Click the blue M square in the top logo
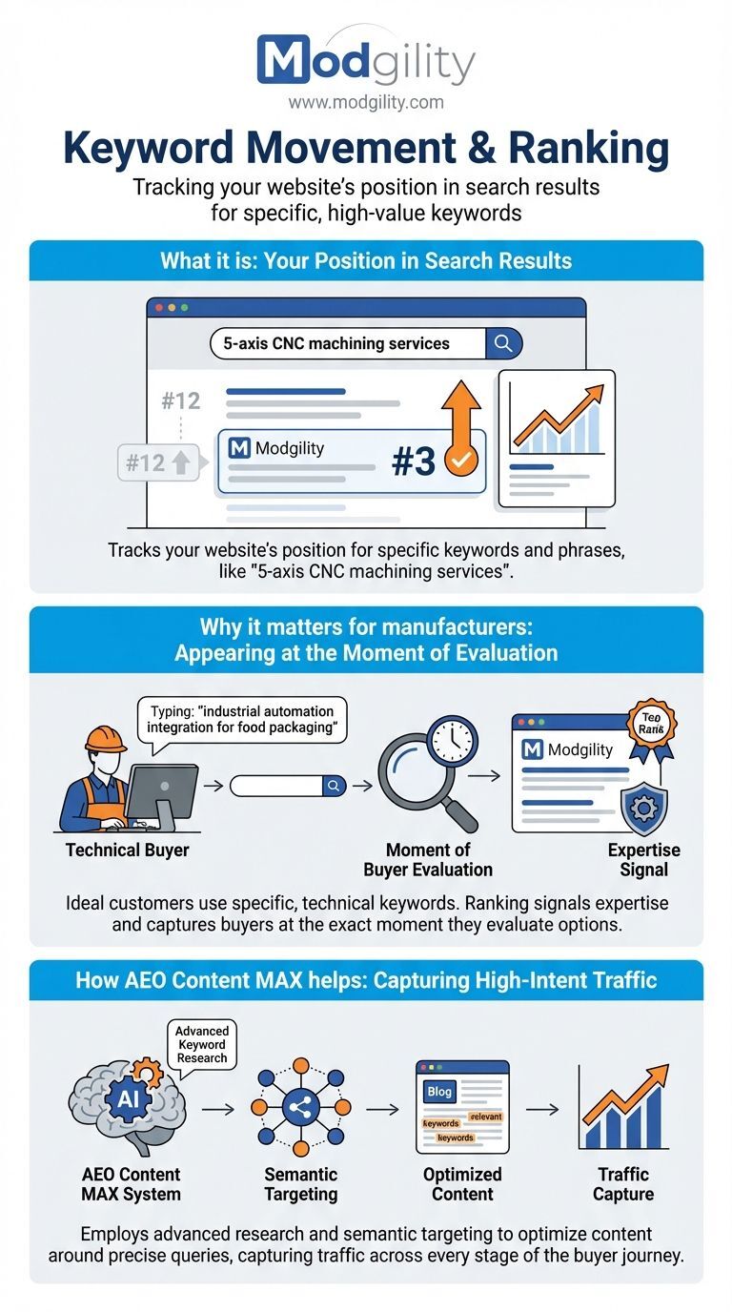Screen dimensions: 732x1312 (283, 58)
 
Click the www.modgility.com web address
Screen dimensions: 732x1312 (366, 103)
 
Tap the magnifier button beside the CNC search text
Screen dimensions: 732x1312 (503, 343)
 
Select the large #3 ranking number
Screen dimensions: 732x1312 (414, 461)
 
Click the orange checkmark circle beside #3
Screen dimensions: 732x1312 (461, 460)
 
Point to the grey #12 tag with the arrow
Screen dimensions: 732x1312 (158, 462)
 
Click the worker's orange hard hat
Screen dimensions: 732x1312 (106, 739)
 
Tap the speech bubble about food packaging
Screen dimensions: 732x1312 (242, 722)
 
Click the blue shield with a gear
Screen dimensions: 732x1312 (643, 810)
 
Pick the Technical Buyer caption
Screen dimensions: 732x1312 (127, 850)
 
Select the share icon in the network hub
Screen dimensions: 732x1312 (301, 1107)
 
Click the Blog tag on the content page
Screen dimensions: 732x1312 (439, 1091)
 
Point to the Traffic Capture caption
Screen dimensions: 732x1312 (623, 1184)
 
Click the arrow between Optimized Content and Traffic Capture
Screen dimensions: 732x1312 (542, 1109)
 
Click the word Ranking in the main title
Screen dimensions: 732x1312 (589, 148)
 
